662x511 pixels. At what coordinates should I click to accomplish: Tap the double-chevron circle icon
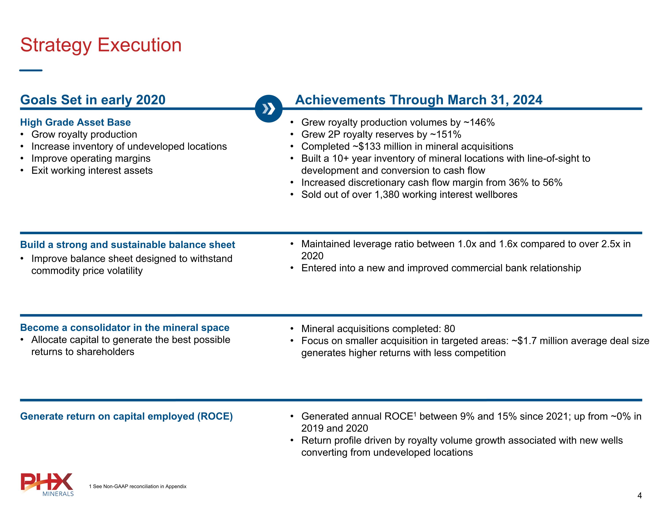pyautogui.click(x=269, y=109)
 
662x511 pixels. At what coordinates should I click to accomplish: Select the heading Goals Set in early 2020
pyautogui.click(x=93, y=100)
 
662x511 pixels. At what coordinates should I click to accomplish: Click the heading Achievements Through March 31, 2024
pyautogui.click(x=419, y=100)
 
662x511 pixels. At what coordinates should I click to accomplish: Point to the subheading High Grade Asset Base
pyautogui.click(x=75, y=122)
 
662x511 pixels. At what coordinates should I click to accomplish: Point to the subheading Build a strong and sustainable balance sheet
pyautogui.click(x=128, y=244)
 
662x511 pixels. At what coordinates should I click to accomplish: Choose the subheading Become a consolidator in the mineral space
pyautogui.click(x=125, y=328)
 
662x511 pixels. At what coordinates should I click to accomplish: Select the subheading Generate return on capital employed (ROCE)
pyautogui.click(x=126, y=416)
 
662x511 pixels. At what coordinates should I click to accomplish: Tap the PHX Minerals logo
pyautogui.click(x=47, y=484)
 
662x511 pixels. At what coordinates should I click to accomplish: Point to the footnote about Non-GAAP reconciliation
pyautogui.click(x=138, y=486)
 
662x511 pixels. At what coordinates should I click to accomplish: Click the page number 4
pyautogui.click(x=639, y=496)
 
